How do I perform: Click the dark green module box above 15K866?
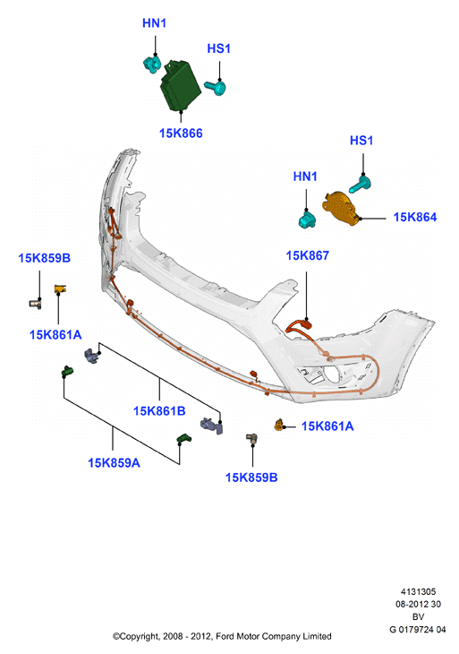[181, 86]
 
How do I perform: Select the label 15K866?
[181, 133]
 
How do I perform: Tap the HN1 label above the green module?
[154, 23]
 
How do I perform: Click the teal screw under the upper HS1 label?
[216, 87]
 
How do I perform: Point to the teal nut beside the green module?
[152, 65]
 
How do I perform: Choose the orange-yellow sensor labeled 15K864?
[342, 210]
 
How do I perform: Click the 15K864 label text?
[415, 218]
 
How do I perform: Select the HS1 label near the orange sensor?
[361, 141]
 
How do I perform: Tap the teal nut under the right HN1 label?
[308, 219]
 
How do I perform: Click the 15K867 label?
[308, 255]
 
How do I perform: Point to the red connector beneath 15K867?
[299, 326]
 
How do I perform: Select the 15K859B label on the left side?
[44, 258]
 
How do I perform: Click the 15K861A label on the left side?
[55, 335]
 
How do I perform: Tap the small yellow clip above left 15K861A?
[60, 288]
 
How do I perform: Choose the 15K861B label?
[159, 411]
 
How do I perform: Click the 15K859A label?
[114, 463]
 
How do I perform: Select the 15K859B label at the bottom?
[251, 478]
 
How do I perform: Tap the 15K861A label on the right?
[327, 426]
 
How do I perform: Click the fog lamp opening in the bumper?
[332, 374]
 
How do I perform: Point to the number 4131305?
[418, 592]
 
